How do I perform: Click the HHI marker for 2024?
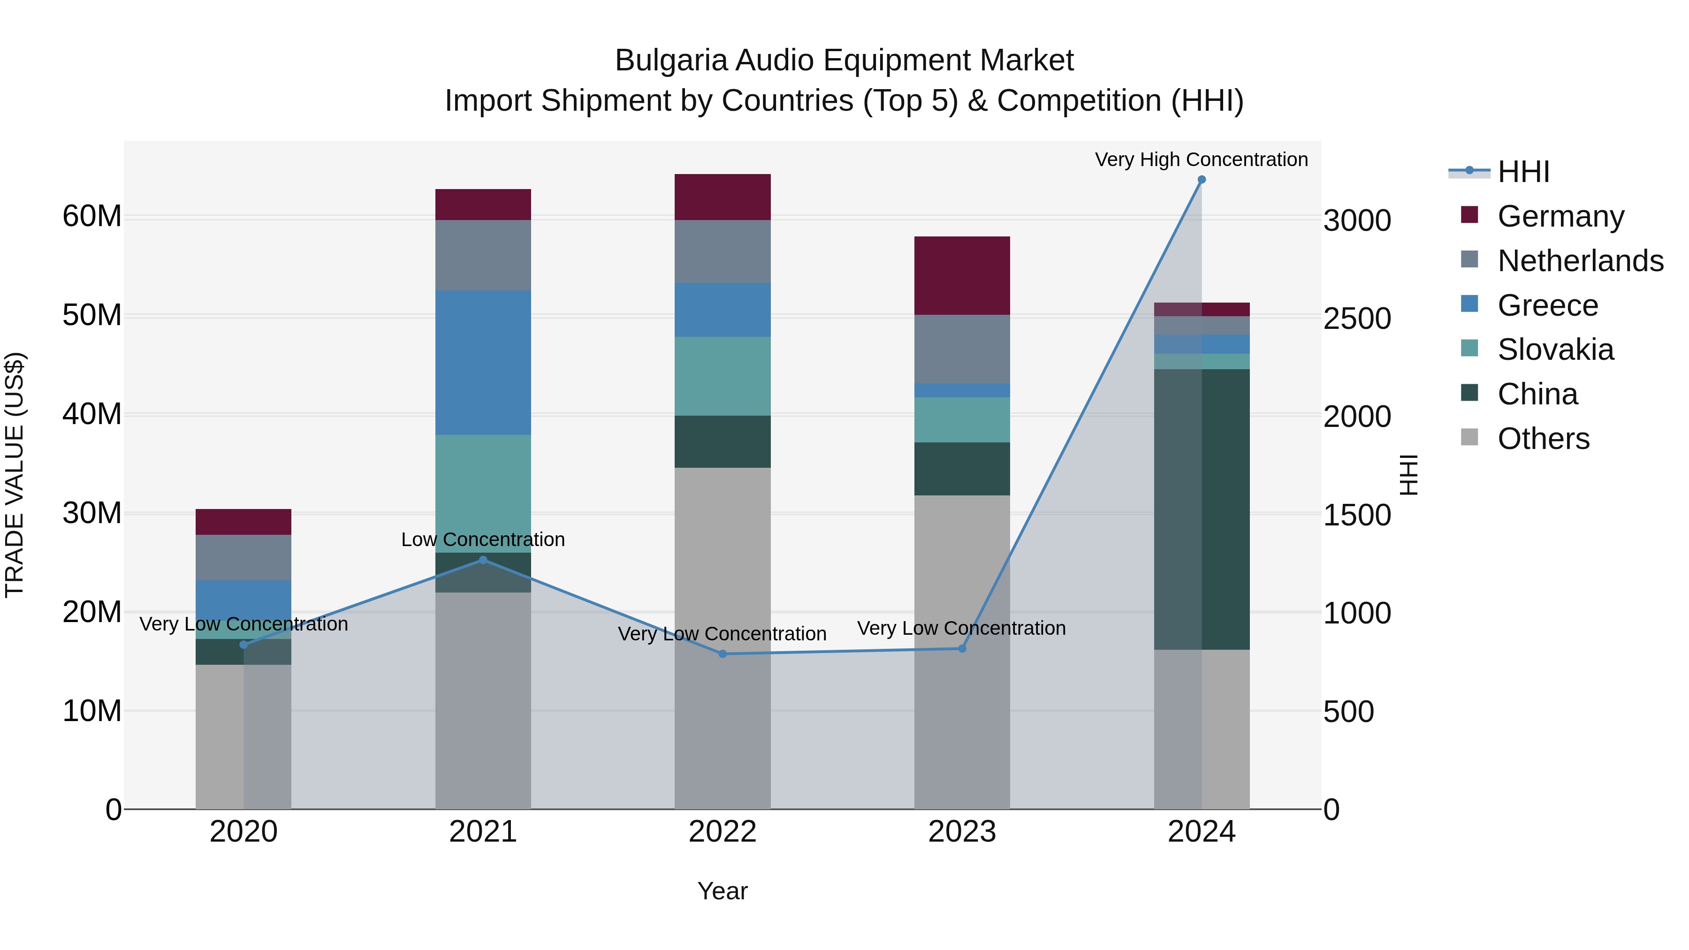pyautogui.click(x=1201, y=180)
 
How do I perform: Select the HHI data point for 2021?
pyautogui.click(x=483, y=560)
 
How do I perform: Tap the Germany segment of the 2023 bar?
pyautogui.click(x=962, y=275)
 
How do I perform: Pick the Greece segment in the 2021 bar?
pyautogui.click(x=483, y=363)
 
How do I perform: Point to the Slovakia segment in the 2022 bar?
pyautogui.click(x=723, y=376)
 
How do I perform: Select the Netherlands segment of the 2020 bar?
pyautogui.click(x=243, y=557)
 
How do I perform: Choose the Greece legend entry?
pyautogui.click(x=1547, y=305)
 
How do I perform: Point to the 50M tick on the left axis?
pyautogui.click(x=92, y=315)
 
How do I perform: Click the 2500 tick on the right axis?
pyautogui.click(x=1356, y=319)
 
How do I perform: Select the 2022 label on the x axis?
pyautogui.click(x=723, y=832)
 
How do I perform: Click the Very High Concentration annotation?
pyautogui.click(x=1201, y=160)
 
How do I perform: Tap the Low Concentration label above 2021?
pyautogui.click(x=483, y=540)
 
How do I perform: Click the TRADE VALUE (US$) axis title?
pyautogui.click(x=15, y=475)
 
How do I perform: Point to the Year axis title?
pyautogui.click(x=723, y=891)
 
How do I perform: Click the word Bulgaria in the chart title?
pyautogui.click(x=671, y=61)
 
